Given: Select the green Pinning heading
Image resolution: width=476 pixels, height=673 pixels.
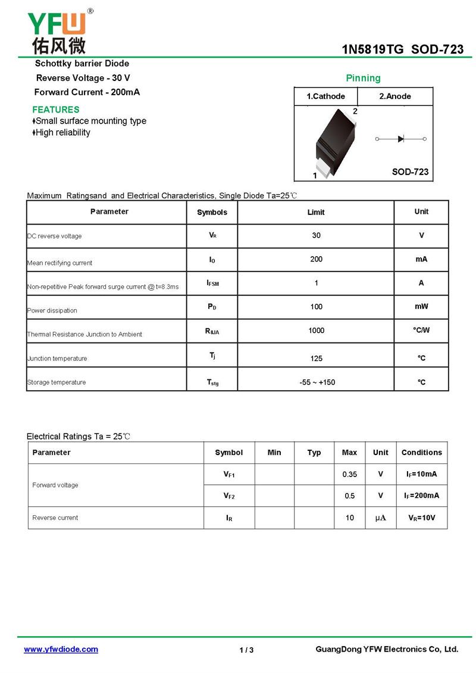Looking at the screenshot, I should click(x=363, y=78).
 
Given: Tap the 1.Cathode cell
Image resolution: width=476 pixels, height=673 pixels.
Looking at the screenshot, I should click(x=325, y=96).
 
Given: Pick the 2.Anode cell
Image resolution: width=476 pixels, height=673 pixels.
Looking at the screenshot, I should click(x=395, y=96).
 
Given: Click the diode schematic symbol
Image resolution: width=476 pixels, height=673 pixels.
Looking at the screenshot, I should click(x=401, y=139).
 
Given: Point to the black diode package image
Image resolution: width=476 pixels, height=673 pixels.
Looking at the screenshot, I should click(x=334, y=142).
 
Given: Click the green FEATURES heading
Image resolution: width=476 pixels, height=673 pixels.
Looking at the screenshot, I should click(x=55, y=110).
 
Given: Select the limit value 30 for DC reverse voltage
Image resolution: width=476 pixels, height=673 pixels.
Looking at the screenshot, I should click(x=316, y=235).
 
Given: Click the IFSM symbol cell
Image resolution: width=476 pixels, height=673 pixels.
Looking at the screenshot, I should click(x=212, y=283).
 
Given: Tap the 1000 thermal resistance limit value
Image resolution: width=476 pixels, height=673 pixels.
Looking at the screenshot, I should click(x=316, y=331).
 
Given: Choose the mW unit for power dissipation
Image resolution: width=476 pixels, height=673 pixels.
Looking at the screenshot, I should click(x=421, y=307).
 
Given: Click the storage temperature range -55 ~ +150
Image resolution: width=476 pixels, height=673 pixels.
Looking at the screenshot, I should click(x=317, y=382).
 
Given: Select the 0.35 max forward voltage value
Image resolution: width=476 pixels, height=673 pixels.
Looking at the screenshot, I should click(x=349, y=475).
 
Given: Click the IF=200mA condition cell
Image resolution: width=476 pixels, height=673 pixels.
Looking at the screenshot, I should click(x=422, y=496).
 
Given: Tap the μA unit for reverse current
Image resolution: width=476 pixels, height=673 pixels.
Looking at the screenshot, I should click(x=380, y=518).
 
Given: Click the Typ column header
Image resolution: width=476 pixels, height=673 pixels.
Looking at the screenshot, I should click(x=314, y=453).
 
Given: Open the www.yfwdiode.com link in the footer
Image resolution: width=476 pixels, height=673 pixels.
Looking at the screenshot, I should click(x=61, y=649).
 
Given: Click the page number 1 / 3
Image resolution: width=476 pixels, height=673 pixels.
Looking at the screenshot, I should click(x=246, y=650).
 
